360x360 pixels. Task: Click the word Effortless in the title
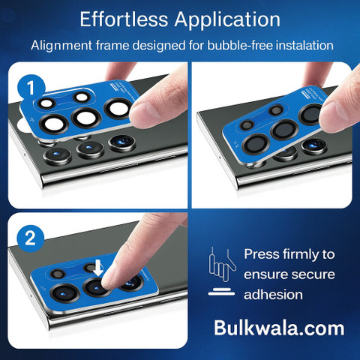[124, 19]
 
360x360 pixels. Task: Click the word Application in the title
[227, 20]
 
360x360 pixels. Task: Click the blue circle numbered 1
[31, 88]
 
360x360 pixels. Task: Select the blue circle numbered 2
[31, 238]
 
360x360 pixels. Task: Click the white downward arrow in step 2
[98, 268]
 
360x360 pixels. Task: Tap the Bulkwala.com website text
[279, 328]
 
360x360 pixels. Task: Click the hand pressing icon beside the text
[222, 271]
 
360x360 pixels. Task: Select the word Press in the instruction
[262, 254]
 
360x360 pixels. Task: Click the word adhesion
[273, 295]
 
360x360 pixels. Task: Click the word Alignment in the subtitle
[61, 46]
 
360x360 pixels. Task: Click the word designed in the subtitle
[159, 46]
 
